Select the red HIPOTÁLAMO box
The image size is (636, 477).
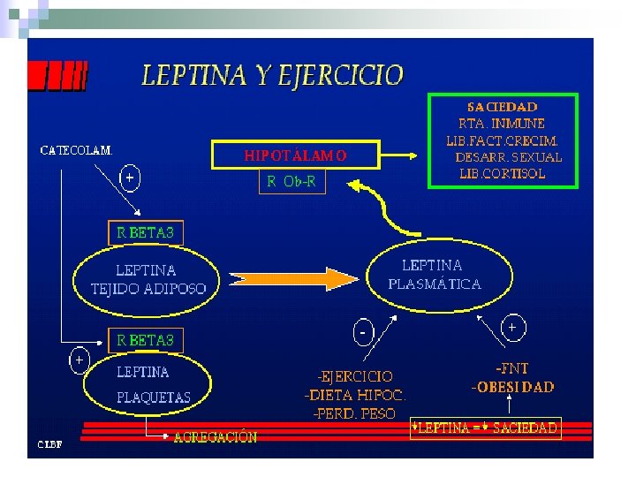[x=295, y=155]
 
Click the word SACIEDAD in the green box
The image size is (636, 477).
[x=502, y=106]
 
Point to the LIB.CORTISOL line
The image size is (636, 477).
[x=502, y=173]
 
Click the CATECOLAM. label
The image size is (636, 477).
[x=77, y=149]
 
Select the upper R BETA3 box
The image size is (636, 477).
[x=146, y=232]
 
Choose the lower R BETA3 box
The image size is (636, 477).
[x=146, y=340]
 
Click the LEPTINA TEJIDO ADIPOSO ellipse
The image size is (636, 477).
[x=148, y=279]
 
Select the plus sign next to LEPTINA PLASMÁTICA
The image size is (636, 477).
[x=512, y=327]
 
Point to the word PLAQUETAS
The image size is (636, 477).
[x=153, y=397]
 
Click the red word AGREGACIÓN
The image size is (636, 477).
[x=216, y=436]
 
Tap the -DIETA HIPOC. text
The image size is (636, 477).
[x=356, y=395]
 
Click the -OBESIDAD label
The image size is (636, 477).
[x=512, y=387]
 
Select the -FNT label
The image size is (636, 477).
[x=512, y=368]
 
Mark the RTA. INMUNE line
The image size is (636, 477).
[x=502, y=123]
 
